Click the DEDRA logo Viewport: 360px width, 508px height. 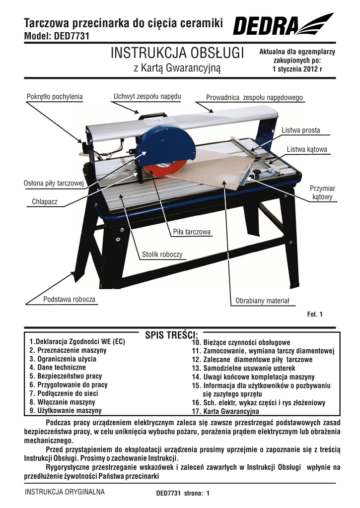(x=283, y=24)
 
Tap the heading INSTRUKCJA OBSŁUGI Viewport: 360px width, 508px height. (x=177, y=53)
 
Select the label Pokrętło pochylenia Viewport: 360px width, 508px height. (x=55, y=97)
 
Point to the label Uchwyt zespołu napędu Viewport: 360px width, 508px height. (x=147, y=96)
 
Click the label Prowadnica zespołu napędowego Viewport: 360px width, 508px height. (x=254, y=98)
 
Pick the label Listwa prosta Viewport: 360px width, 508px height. (x=300, y=130)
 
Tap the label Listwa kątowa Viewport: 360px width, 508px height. (x=307, y=149)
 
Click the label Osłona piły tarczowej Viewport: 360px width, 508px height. (x=54, y=183)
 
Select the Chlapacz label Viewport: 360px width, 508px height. (x=45, y=202)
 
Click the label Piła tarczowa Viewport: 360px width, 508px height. (x=192, y=232)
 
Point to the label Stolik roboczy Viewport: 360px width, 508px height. (x=162, y=254)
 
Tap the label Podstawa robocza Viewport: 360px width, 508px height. (x=70, y=299)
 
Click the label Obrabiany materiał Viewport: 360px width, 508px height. (x=262, y=301)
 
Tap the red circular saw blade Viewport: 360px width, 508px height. (x=160, y=170)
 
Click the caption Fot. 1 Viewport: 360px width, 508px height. (x=315, y=314)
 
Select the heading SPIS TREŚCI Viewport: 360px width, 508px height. (x=171, y=335)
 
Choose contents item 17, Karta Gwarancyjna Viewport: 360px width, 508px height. (x=225, y=411)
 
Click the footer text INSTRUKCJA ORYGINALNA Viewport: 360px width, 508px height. (x=65, y=492)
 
